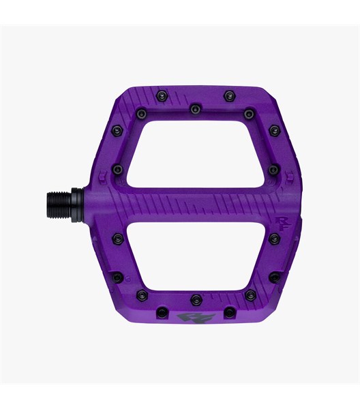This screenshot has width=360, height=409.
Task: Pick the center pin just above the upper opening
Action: [x=196, y=108]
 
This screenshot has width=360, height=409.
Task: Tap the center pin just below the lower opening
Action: [x=196, y=299]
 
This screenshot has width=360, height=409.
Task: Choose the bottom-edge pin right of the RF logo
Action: [x=230, y=312]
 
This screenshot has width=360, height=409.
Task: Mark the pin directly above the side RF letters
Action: [x=273, y=168]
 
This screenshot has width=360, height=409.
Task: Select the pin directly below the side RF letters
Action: [x=273, y=238]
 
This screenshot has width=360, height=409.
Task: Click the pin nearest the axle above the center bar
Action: [x=118, y=168]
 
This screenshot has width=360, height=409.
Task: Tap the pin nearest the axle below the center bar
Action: [x=118, y=239]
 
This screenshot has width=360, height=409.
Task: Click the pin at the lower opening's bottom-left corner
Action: [x=142, y=294]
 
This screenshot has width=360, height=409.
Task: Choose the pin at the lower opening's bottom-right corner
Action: [x=250, y=294]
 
